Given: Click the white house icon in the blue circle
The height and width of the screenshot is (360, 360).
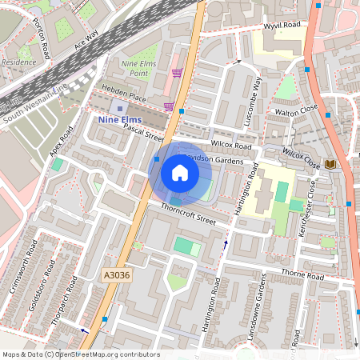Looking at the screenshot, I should point(180,173).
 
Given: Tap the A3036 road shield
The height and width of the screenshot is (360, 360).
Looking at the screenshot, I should point(116,274).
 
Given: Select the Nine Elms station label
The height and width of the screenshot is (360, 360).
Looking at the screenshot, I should point(120,120).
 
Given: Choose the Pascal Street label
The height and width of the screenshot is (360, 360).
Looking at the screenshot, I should point(143,130).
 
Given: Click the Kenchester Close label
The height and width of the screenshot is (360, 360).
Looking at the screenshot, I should point(313,203).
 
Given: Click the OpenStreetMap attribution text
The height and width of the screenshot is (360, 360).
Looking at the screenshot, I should point(70,354).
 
